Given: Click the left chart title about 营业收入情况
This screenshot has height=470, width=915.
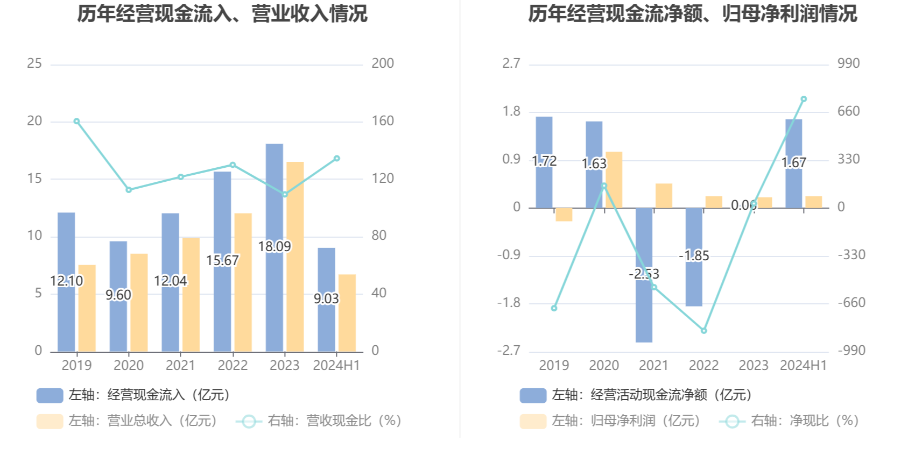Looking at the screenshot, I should [222, 14].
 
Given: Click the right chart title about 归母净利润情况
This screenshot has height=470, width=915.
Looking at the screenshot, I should [692, 14].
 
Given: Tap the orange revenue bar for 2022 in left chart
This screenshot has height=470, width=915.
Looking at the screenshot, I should [243, 282].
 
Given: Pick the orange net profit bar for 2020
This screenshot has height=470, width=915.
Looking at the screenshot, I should [614, 180].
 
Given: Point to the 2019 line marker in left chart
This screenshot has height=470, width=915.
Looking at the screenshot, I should [76, 122].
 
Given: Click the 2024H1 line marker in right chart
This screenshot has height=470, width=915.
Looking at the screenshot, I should [804, 99].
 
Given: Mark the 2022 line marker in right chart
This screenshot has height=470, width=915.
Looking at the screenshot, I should [704, 331].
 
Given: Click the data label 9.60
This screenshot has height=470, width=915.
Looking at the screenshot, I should [118, 295].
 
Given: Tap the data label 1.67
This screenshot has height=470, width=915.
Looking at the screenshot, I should [794, 162].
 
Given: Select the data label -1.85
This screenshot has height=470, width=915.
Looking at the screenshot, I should [694, 255].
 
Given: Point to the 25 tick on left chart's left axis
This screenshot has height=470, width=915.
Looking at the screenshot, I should [34, 63].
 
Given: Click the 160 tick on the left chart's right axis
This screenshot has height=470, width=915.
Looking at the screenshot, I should [383, 121].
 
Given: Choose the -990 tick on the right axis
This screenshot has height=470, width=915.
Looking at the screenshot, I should [851, 351].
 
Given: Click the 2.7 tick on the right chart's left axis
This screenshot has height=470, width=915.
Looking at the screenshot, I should [511, 63].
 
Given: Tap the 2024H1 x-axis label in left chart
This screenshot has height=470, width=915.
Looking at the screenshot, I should [336, 366].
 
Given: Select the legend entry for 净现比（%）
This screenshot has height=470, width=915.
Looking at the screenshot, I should [790, 421].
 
